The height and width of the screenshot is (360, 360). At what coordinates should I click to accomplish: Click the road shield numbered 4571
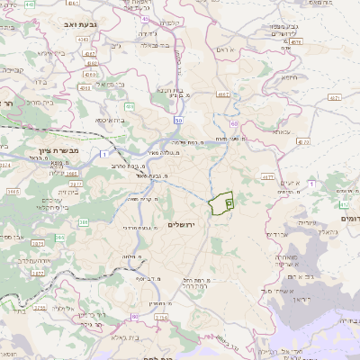click(x=334, y=96)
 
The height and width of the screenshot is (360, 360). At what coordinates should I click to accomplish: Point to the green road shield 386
click(x=84, y=221)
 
